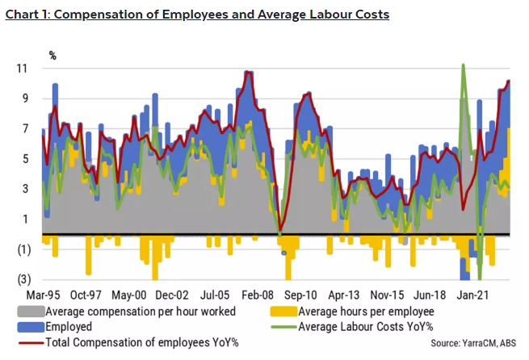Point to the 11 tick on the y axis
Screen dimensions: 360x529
(x=23, y=69)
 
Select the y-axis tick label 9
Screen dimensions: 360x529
(x=26, y=98)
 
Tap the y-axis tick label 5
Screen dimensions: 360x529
(x=26, y=159)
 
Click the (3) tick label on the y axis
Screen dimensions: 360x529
(x=23, y=279)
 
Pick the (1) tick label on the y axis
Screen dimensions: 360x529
(x=23, y=249)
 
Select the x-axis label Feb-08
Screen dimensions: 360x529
(x=259, y=295)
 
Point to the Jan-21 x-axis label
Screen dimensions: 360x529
(x=477, y=295)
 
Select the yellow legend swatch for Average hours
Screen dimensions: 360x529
(x=283, y=312)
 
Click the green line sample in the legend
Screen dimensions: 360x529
(x=283, y=327)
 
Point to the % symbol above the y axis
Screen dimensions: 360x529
(x=52, y=56)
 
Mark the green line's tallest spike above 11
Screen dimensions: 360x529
(x=463, y=65)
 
